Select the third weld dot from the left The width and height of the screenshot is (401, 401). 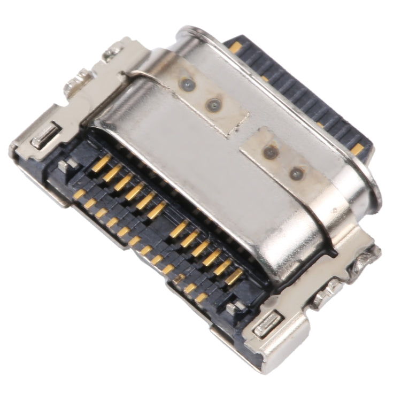tap(271, 152)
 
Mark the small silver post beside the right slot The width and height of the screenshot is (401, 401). tap(234, 307)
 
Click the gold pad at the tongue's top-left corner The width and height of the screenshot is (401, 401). tap(235, 48)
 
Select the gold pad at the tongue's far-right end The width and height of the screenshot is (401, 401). tap(357, 149)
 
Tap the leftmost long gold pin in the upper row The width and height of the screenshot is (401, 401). tap(101, 163)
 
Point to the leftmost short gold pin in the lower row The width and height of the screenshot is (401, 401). tap(80, 194)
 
